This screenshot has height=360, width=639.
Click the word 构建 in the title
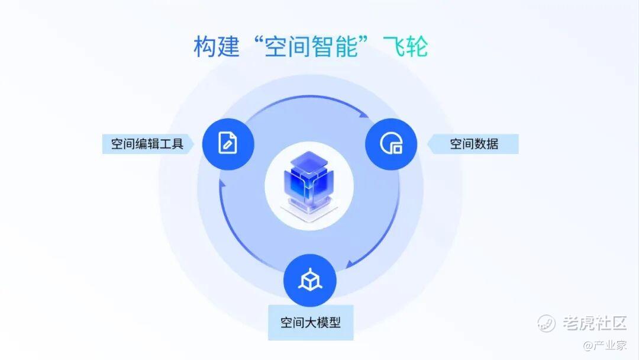pos(217,46)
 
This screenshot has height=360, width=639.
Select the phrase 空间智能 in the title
pos(311,46)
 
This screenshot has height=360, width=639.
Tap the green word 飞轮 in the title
pos(405,46)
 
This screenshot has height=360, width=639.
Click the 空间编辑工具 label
pos(147,144)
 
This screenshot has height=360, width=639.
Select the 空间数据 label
pos(473,144)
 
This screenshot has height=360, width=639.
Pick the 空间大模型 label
pos(311,323)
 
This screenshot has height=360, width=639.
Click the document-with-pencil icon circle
pos(228,144)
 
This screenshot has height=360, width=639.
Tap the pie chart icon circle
pos(391,144)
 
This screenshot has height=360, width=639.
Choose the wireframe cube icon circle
pos(310,280)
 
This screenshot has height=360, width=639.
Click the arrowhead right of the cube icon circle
pos(350,263)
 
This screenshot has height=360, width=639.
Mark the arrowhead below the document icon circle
pos(222,184)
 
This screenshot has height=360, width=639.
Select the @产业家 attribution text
pos(605,345)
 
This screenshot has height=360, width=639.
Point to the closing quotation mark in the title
pos(364,41)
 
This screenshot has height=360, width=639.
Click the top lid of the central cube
pos(309,160)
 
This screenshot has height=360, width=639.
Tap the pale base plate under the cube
pos(309,211)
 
